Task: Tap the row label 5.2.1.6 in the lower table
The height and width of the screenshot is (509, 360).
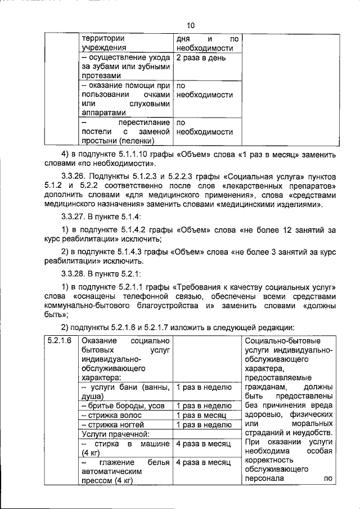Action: pyautogui.click(x=59, y=341)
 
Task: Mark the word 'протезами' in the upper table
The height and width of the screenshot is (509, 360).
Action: pyautogui.click(x=101, y=76)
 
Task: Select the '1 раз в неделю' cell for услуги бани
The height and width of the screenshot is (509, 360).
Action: pyautogui.click(x=204, y=387)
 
